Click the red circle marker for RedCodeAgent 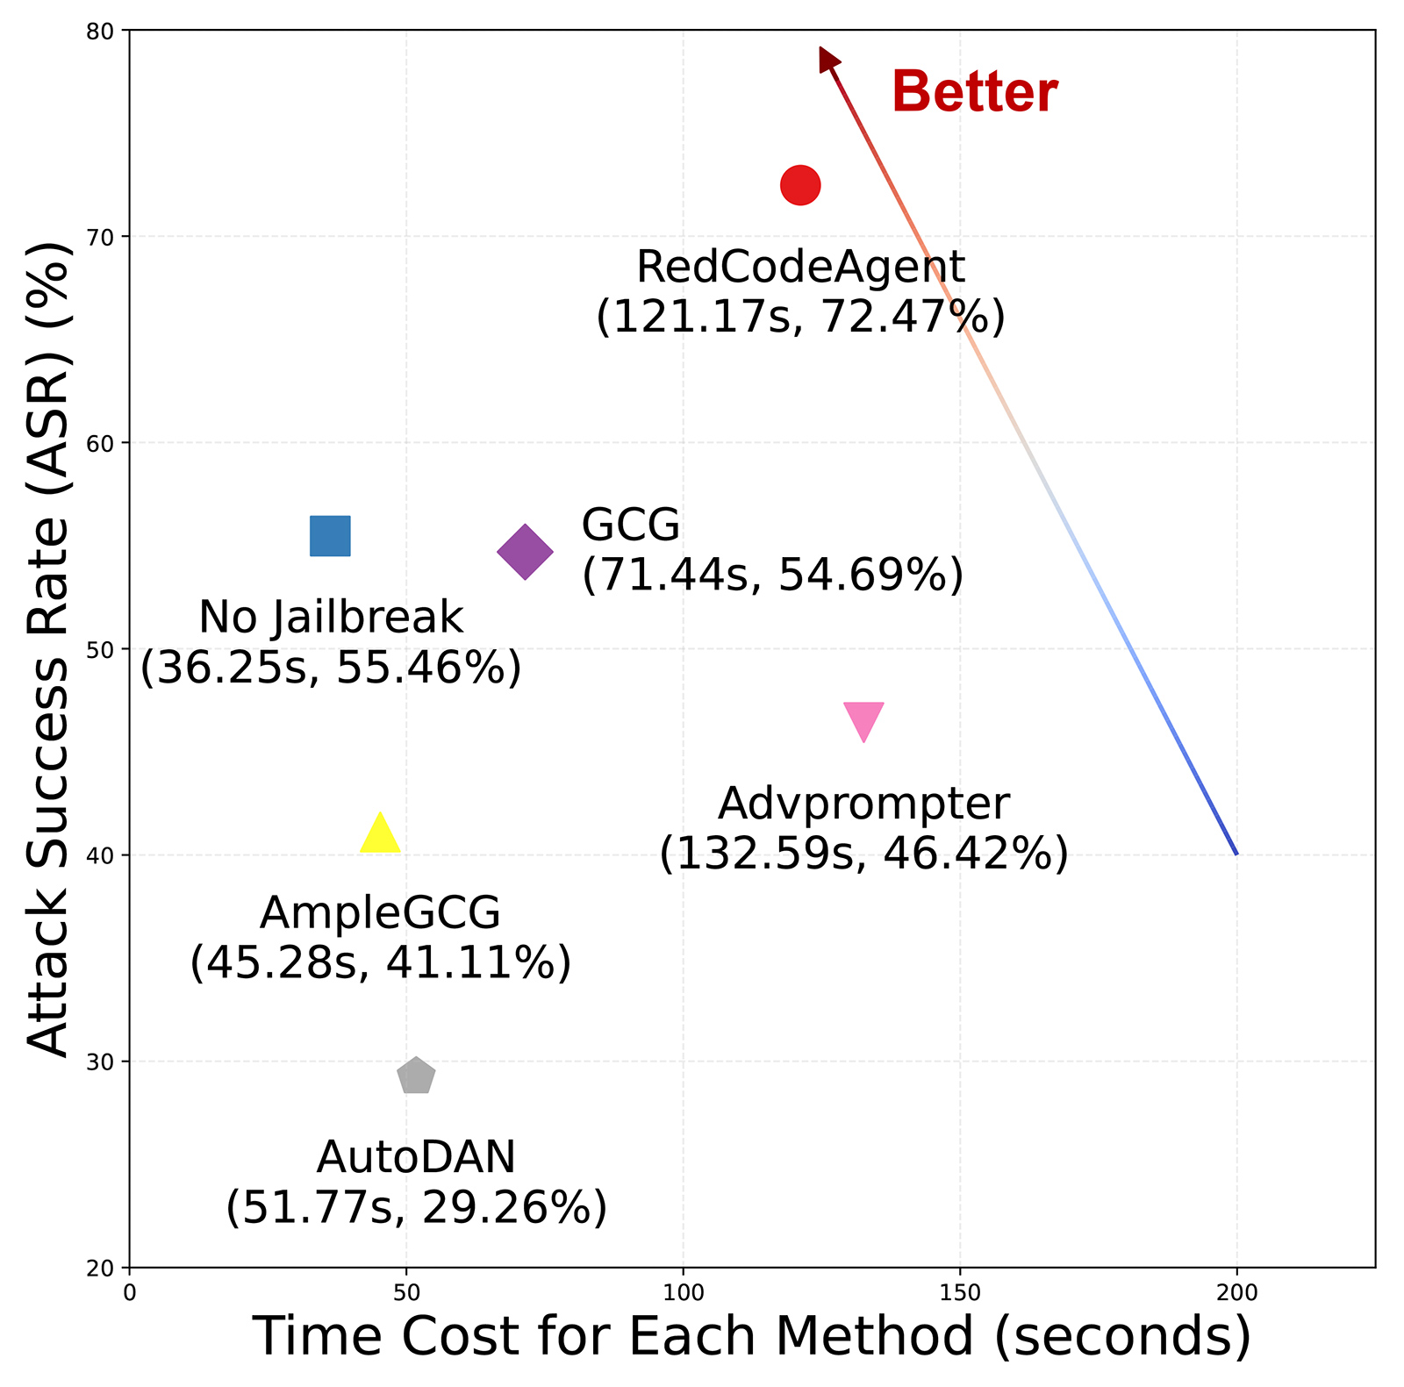click(x=799, y=185)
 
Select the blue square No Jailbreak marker click(x=330, y=536)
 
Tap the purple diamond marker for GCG click(x=525, y=552)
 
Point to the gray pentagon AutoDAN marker click(x=416, y=1076)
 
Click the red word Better click(x=974, y=91)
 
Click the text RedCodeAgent click(x=800, y=267)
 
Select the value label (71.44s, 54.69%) click(x=772, y=576)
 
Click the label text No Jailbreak click(x=331, y=617)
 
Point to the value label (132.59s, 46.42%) click(x=863, y=853)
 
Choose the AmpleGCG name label click(x=380, y=912)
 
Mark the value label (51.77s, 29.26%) click(x=416, y=1207)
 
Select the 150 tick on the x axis click(x=960, y=1292)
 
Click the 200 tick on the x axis click(x=1237, y=1292)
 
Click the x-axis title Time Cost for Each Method click(x=752, y=1336)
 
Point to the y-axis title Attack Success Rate click(x=48, y=649)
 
